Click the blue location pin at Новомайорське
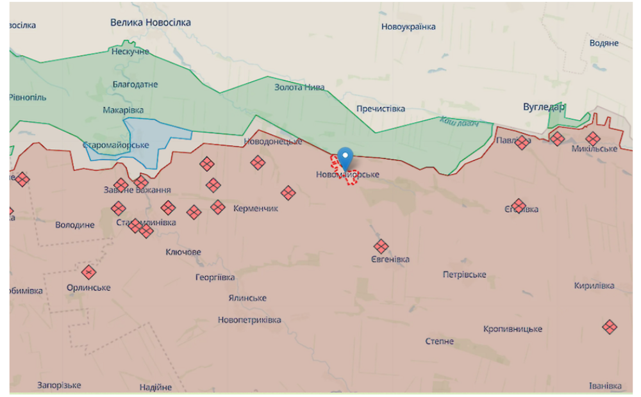coord(345,157)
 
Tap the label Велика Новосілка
coord(151,22)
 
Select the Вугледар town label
coord(544,107)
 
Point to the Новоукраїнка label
coord(408,27)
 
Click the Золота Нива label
coord(299,87)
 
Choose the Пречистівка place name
coord(381,109)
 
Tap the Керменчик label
coord(256,209)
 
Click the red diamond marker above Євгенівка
coord(381,246)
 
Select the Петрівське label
coord(464,275)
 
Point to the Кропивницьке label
coord(512,329)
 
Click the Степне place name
coord(440,341)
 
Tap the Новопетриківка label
coord(249,320)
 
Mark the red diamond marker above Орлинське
coord(88,272)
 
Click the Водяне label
coord(604,43)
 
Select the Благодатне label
coord(135,85)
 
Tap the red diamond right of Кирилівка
coord(610,327)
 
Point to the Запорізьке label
coord(59,385)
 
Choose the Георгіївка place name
coord(215,277)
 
